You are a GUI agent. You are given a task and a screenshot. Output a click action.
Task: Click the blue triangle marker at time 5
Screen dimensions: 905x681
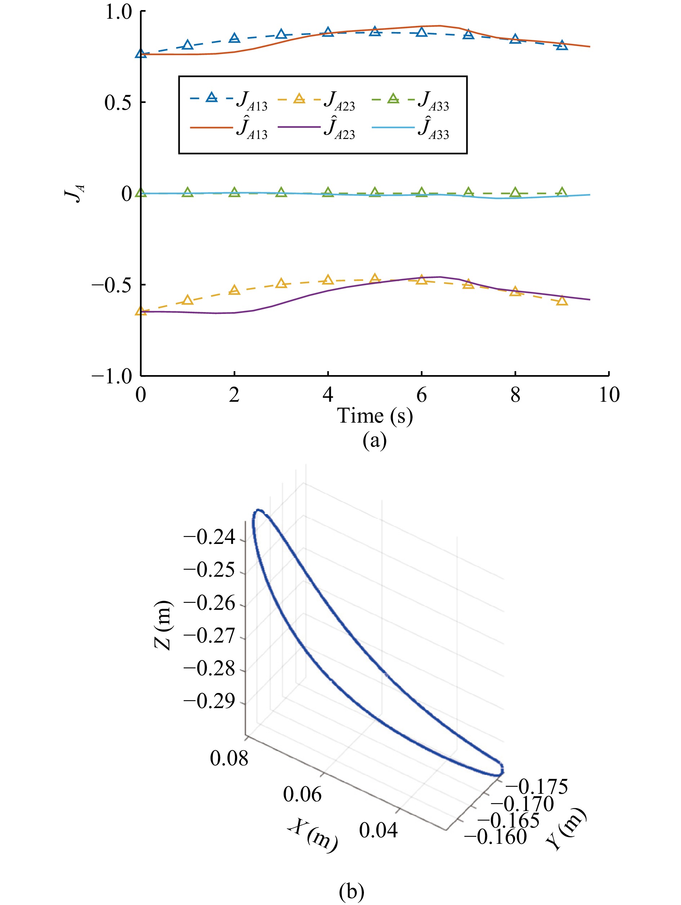click(x=375, y=32)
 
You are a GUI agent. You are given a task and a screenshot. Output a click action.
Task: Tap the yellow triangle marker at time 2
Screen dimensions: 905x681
click(x=234, y=290)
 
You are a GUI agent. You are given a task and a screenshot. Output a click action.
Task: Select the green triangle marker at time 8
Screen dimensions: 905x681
click(x=515, y=192)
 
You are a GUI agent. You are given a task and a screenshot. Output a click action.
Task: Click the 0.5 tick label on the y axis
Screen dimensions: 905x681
click(x=118, y=102)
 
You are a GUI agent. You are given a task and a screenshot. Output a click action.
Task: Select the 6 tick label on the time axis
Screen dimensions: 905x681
click(x=421, y=395)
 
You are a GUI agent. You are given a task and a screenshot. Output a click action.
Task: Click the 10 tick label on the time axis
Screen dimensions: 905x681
click(x=609, y=395)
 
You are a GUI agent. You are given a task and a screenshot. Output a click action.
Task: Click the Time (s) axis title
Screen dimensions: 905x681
click(x=375, y=416)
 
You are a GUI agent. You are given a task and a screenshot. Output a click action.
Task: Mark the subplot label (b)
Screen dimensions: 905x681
click(x=351, y=892)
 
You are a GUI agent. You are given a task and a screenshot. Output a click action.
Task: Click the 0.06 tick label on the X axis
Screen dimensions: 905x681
click(x=302, y=794)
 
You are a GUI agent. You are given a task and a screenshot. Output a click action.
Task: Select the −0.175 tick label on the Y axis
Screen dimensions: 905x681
click(x=537, y=786)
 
